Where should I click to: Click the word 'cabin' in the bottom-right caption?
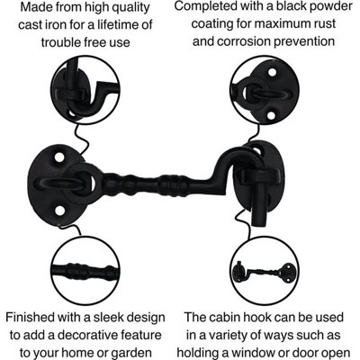(x=233, y=318)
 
